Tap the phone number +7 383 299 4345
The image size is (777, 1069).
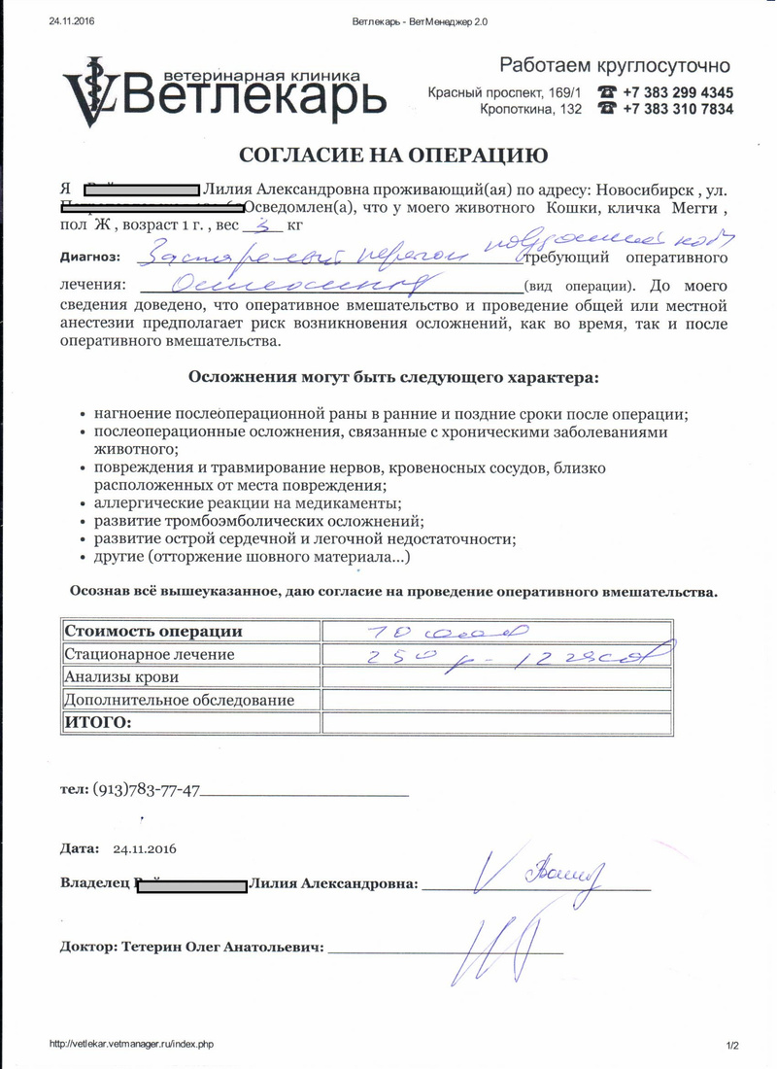point(677,92)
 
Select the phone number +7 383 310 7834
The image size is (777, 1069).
point(677,110)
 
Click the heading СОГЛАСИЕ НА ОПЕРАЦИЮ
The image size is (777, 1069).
point(392,155)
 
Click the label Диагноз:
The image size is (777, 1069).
point(90,257)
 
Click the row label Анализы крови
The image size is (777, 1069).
point(117,676)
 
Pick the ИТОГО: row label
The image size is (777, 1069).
point(96,722)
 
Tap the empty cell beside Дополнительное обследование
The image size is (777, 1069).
point(496,699)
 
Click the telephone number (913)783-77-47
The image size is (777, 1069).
point(146,790)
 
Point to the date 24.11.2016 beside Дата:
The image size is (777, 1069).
point(145,848)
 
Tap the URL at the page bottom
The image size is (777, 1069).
point(130,1044)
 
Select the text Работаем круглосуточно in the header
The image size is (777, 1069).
point(614,66)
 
